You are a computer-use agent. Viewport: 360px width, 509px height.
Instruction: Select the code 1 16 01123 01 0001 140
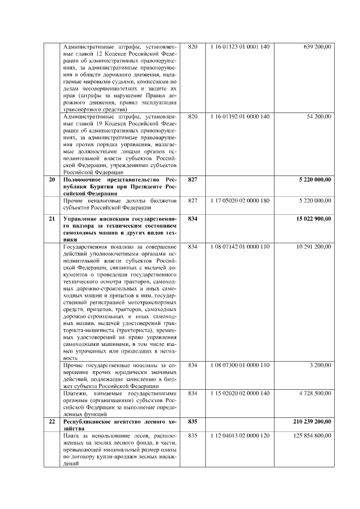coord(240,46)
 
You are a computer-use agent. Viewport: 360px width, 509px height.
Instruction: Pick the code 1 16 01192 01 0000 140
coord(240,116)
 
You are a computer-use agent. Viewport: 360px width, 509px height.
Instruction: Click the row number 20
coord(52,179)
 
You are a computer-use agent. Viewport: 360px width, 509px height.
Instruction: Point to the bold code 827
coord(193,179)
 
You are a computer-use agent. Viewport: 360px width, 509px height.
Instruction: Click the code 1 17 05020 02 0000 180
coord(240,200)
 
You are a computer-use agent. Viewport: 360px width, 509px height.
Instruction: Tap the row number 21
coord(52,218)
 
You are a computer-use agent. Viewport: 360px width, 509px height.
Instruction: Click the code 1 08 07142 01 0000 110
coord(240,246)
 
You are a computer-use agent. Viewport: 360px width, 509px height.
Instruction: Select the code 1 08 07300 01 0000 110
coord(240,366)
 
